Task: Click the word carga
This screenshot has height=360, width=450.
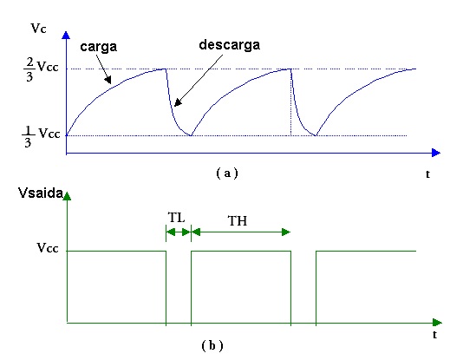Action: [99, 47]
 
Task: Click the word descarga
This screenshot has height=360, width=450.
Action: [230, 45]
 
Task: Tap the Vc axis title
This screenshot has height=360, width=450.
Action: [38, 29]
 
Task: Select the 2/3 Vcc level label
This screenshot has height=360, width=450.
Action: [41, 69]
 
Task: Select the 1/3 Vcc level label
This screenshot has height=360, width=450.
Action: [41, 136]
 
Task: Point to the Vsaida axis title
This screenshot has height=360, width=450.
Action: [40, 193]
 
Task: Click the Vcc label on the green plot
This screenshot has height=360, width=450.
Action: [48, 248]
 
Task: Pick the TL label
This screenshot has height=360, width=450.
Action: [176, 218]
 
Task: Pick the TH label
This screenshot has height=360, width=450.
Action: [238, 221]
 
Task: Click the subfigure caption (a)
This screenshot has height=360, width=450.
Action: [227, 173]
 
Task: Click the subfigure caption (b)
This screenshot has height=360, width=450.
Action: [212, 345]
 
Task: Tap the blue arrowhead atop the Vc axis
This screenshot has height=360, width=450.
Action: [66, 35]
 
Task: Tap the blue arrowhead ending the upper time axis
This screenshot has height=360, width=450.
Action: [436, 153]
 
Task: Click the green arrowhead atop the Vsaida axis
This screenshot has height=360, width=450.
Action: [67, 196]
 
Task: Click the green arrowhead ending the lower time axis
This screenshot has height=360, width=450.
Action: [437, 323]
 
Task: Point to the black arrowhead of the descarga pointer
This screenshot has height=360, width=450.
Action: [178, 102]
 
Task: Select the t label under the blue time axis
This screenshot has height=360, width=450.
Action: [427, 173]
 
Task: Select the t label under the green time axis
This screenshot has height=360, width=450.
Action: [434, 334]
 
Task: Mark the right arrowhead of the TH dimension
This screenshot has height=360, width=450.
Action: [286, 232]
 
